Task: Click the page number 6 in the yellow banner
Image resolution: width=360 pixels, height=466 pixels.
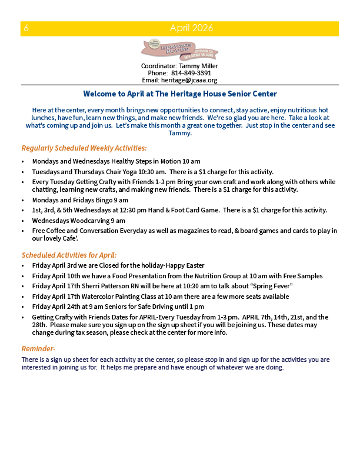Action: pos(26,28)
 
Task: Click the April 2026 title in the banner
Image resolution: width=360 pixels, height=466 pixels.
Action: pos(191,28)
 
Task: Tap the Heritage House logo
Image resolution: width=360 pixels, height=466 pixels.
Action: pos(179,50)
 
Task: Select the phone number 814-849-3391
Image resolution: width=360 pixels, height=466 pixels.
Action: pos(187,73)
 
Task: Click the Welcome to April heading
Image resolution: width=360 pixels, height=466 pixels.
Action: pos(180,94)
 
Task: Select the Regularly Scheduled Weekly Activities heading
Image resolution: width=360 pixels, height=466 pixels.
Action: pos(84,148)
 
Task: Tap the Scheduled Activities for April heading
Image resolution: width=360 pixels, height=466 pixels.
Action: pos(69,255)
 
